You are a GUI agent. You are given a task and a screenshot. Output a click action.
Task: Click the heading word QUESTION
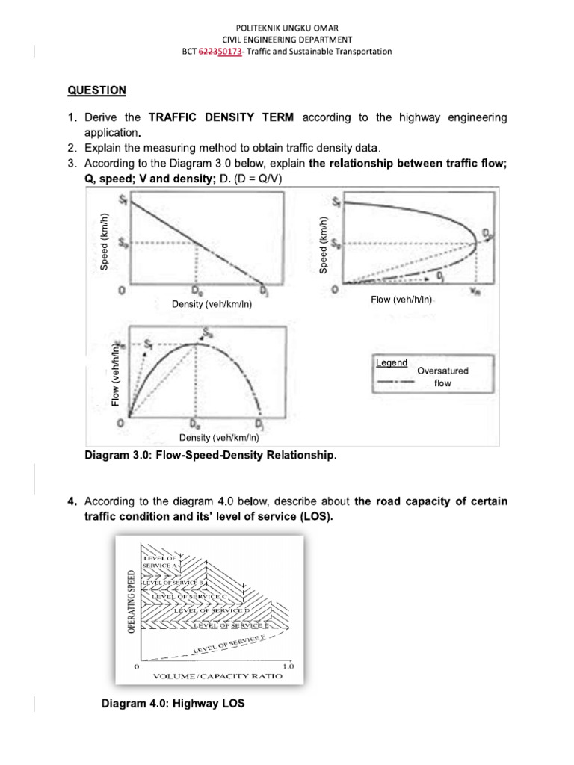[x=96, y=90]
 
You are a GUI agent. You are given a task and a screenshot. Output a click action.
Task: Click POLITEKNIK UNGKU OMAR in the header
[x=287, y=28]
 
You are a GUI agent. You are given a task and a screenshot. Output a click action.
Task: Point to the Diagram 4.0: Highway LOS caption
[x=172, y=702]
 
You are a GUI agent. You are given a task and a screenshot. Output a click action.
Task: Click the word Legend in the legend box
[x=392, y=363]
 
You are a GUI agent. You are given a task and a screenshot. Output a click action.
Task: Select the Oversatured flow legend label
[x=443, y=377]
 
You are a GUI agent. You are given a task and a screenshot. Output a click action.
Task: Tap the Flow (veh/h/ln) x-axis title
[x=402, y=300]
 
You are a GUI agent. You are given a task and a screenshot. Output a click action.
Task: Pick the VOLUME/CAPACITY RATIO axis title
[x=217, y=677]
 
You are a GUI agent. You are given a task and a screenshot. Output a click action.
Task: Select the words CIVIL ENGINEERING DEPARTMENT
[x=287, y=40]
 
